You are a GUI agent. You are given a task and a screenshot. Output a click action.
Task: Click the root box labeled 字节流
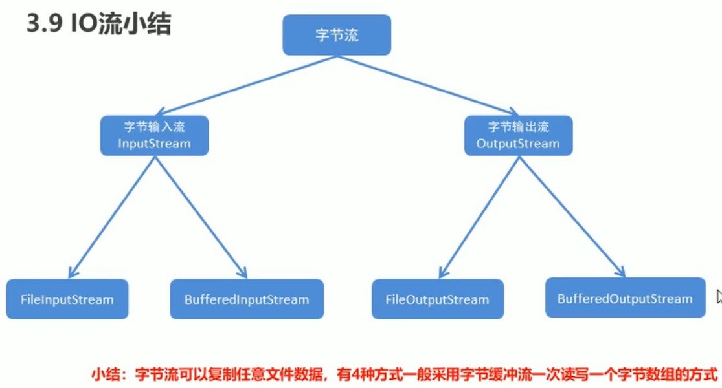[337, 35]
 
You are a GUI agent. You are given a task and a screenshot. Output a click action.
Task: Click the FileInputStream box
[67, 299]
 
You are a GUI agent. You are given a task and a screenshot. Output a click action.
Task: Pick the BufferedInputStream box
[247, 299]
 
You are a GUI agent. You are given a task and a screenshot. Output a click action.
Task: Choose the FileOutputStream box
[437, 299]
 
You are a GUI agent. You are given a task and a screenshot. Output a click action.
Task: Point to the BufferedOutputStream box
[625, 298]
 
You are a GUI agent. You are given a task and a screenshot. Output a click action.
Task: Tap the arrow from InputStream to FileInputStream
[111, 217]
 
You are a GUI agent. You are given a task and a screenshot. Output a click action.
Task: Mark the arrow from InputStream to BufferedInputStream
[201, 217]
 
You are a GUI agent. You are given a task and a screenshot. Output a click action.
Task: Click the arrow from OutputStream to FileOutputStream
[479, 217]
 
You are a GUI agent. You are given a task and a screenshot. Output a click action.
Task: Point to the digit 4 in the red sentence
[363, 374]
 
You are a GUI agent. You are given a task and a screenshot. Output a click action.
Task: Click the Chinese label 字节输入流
[154, 127]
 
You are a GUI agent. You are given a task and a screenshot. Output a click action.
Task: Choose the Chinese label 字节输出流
[518, 127]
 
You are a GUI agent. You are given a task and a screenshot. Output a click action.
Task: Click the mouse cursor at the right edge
[719, 296]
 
